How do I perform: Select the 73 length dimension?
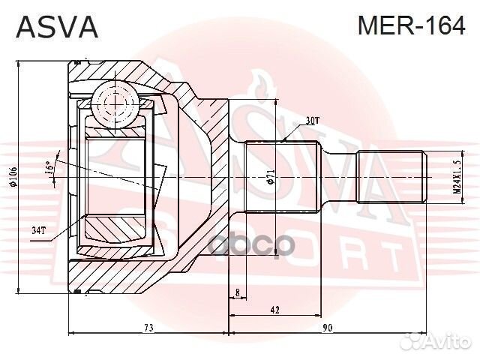click(148, 327)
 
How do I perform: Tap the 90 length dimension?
click(328, 327)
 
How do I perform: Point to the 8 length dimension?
click(237, 292)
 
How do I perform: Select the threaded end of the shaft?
click(391, 178)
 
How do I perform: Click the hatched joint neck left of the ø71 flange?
click(214, 178)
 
